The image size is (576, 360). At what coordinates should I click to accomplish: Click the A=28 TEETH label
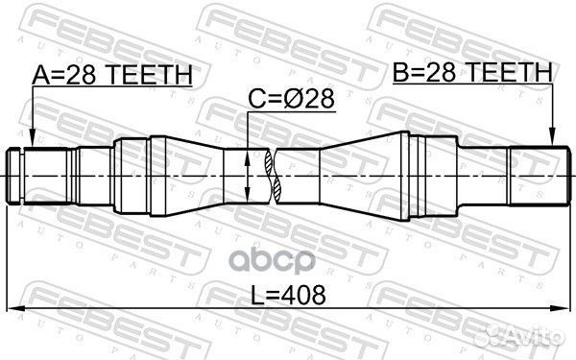click(x=113, y=75)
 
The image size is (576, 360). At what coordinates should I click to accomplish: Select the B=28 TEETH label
click(x=471, y=71)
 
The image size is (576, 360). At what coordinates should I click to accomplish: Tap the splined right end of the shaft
click(x=533, y=177)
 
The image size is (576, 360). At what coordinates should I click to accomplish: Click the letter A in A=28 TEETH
click(x=41, y=75)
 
